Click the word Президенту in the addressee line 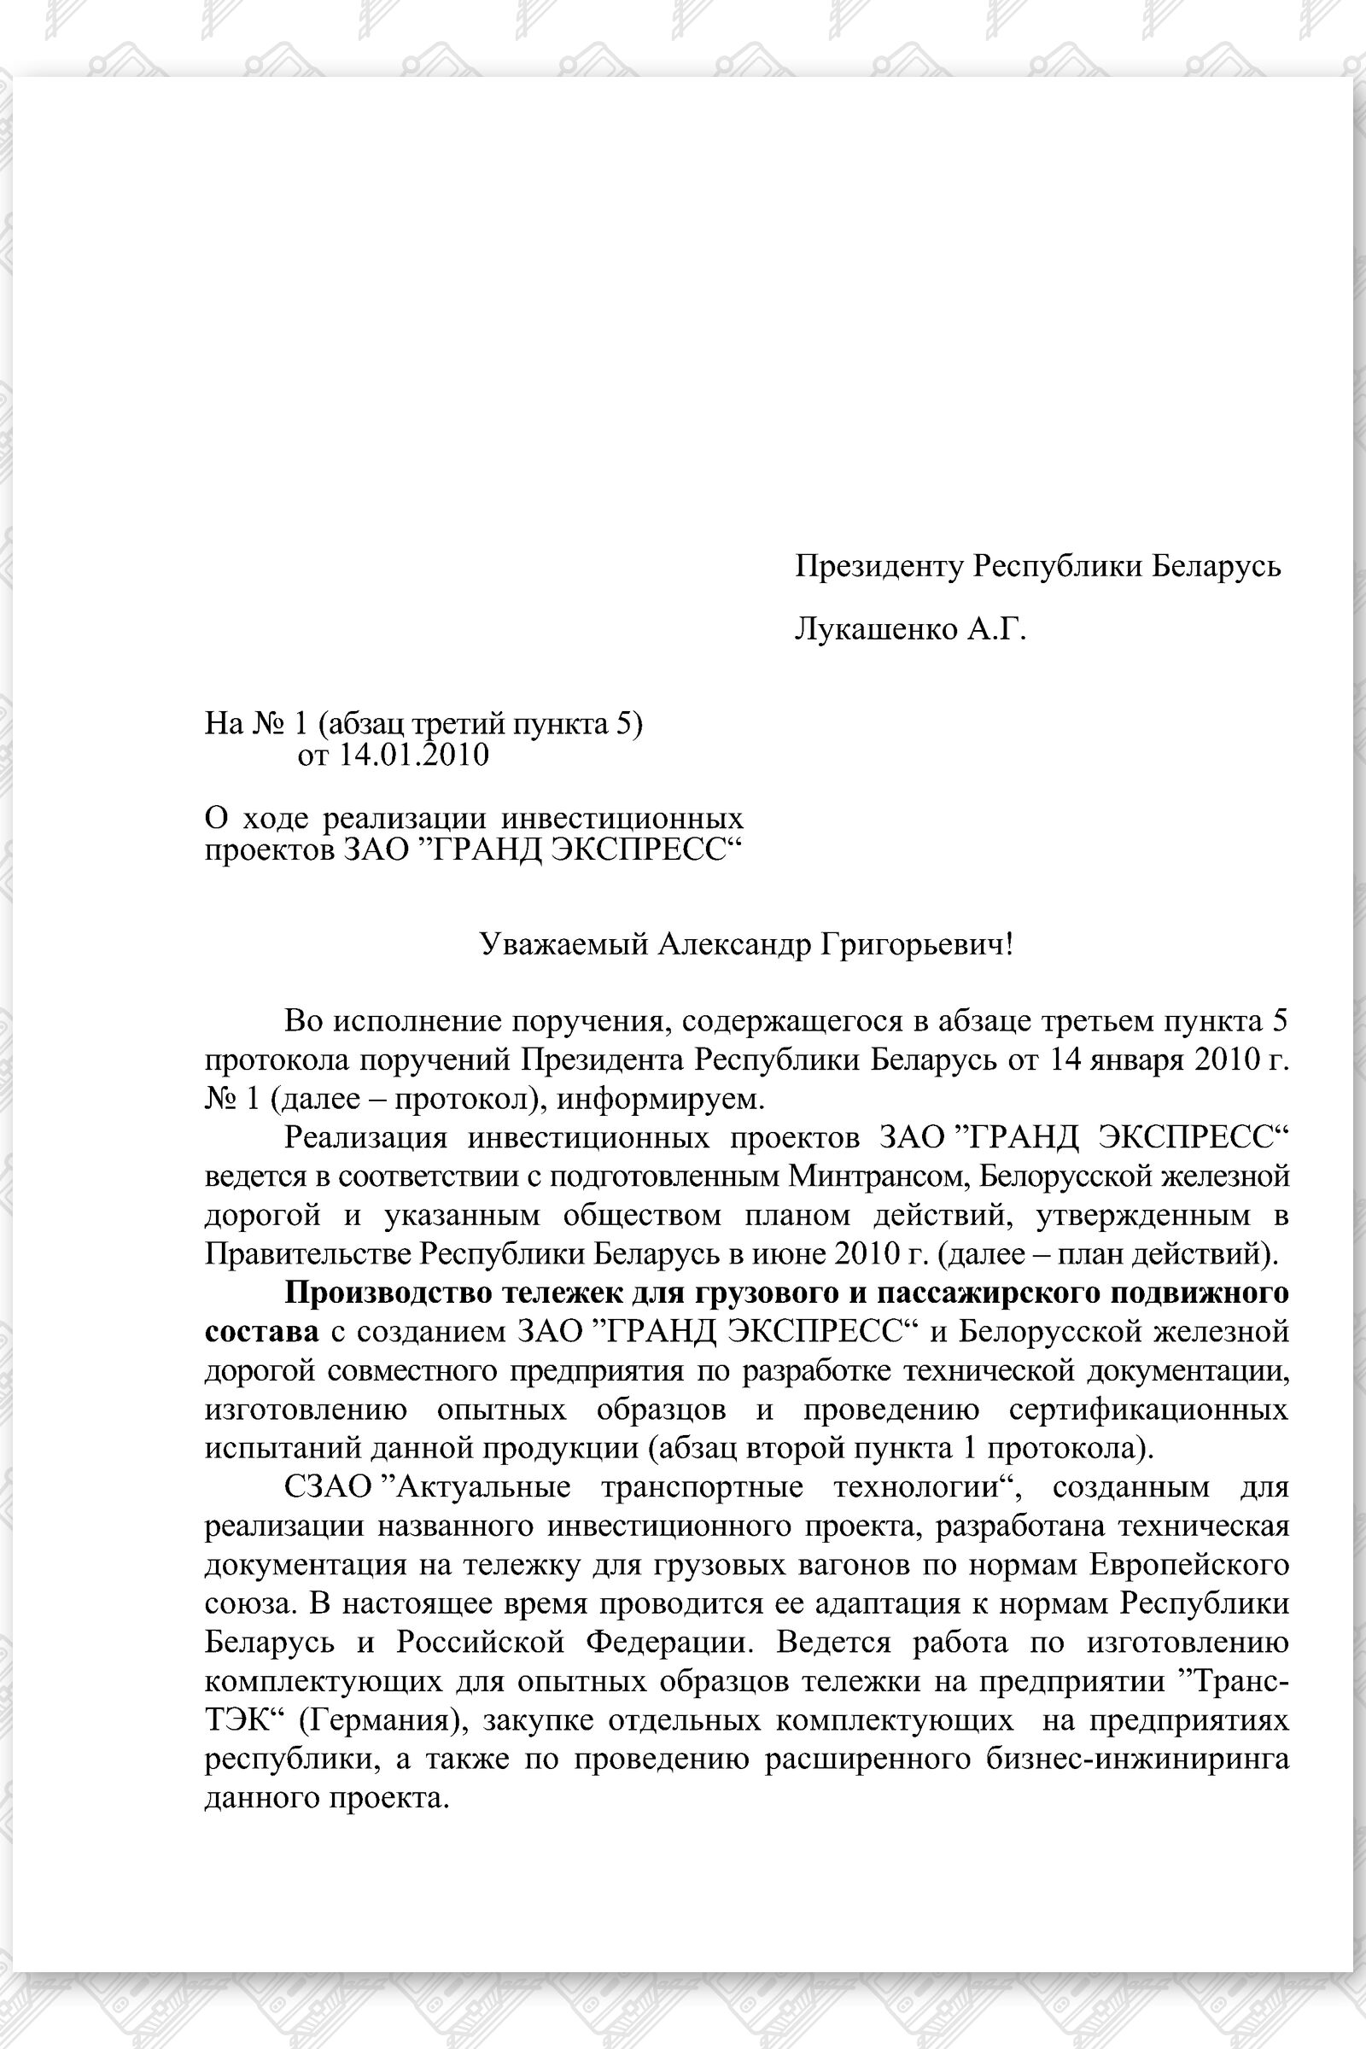point(880,566)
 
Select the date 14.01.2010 point(413,755)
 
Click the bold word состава point(261,1331)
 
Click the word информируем point(659,1099)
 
